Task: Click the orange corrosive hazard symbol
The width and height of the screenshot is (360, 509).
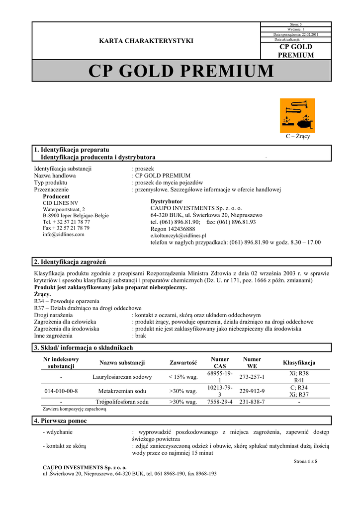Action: [x=297, y=115]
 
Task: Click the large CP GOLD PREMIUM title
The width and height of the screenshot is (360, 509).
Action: [x=181, y=71]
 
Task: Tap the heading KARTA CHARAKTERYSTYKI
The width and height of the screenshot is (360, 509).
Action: [x=146, y=41]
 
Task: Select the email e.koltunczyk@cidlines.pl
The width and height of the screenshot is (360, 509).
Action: [x=178, y=236]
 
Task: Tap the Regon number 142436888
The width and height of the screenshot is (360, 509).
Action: [x=173, y=229]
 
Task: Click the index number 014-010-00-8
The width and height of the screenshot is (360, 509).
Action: [x=61, y=391]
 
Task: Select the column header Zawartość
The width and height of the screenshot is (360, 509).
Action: [x=183, y=362]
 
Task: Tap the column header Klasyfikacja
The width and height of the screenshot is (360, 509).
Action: [x=299, y=362]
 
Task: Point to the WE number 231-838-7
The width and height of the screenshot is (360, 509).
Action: [x=252, y=402]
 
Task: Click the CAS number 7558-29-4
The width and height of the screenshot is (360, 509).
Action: [x=220, y=402]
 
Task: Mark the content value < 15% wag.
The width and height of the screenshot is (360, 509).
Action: [x=183, y=377]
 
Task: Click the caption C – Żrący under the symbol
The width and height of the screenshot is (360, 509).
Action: [x=297, y=136]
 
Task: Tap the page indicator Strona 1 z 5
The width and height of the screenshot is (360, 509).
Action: [x=306, y=461]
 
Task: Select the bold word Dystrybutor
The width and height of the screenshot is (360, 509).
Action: [x=167, y=201]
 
